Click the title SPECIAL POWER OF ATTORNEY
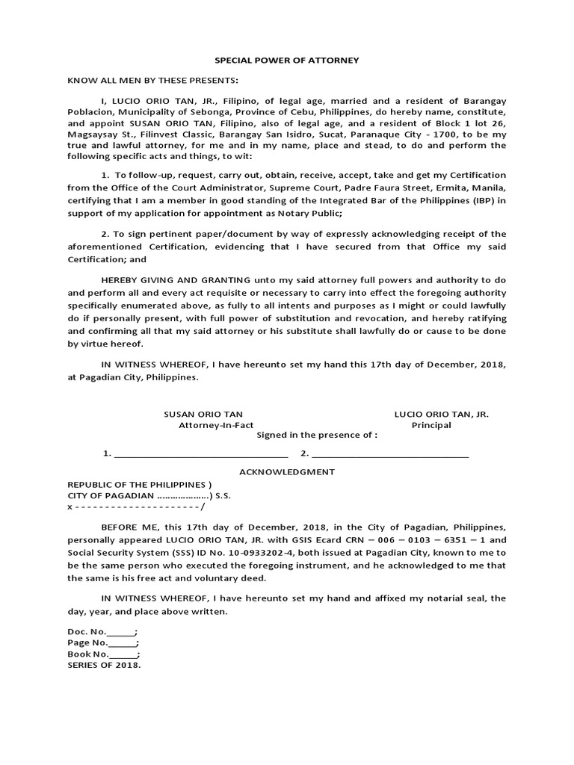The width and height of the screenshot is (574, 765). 287,61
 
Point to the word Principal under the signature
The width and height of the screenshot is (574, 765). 431,425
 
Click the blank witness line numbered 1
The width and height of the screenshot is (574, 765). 200,454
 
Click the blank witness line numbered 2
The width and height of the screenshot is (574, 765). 390,454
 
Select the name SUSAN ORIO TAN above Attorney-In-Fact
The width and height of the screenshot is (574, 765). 203,414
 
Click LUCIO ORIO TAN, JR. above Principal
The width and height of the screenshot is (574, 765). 442,414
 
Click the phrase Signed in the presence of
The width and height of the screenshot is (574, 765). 317,435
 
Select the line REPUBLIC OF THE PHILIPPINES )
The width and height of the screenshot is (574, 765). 140,484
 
